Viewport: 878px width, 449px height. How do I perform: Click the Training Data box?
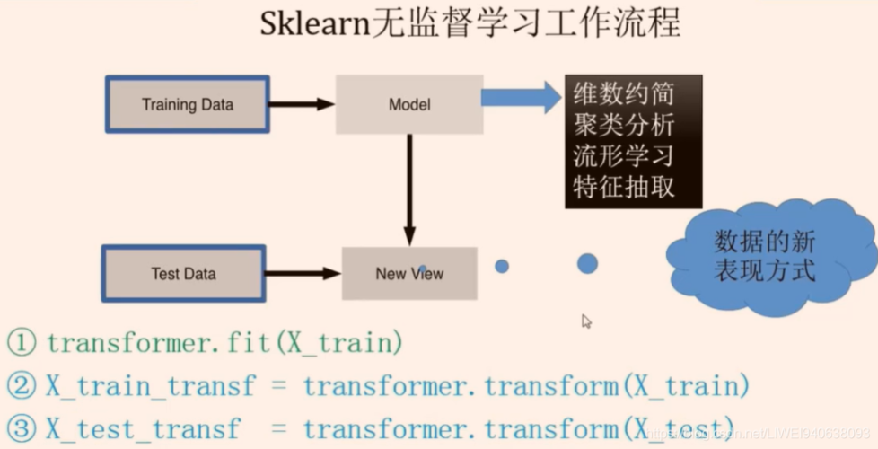[187, 104]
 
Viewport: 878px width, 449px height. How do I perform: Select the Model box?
[408, 104]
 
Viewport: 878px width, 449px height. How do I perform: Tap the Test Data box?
[183, 273]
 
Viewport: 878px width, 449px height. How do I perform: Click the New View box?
[409, 273]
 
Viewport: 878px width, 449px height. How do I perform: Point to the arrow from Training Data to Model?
[302, 104]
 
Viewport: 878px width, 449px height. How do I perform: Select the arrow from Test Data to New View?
[302, 273]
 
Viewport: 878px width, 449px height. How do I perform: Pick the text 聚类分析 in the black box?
[623, 125]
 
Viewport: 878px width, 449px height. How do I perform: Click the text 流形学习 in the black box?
[623, 155]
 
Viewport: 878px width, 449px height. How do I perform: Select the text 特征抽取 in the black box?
[623, 187]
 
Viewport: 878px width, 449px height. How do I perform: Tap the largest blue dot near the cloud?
[587, 263]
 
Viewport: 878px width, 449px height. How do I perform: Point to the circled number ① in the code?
[21, 342]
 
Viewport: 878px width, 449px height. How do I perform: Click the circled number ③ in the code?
[21, 428]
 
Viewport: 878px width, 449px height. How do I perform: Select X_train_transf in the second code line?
[150, 386]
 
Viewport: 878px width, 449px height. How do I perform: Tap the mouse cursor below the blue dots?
[586, 321]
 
